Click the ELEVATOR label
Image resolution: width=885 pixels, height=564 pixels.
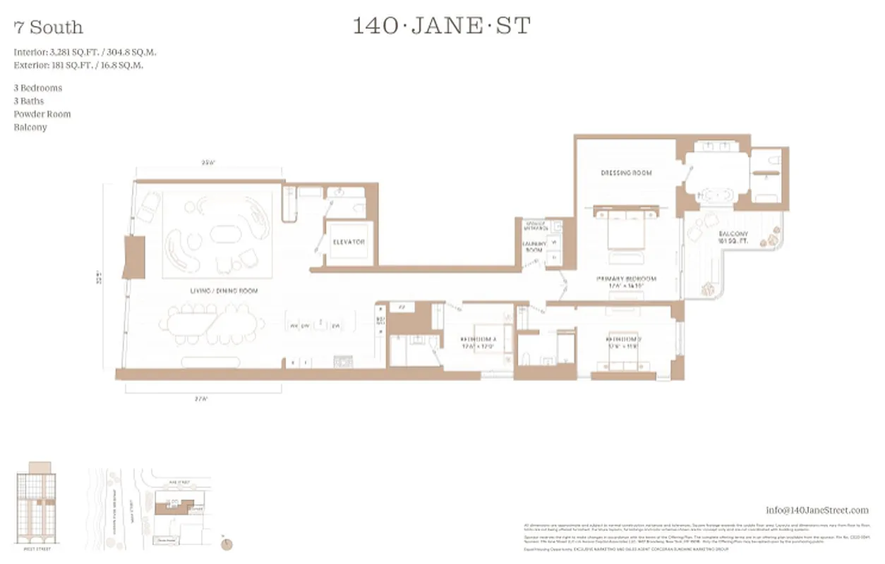(x=349, y=242)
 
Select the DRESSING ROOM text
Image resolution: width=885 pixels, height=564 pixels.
(x=626, y=173)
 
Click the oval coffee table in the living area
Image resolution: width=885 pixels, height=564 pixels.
(x=224, y=235)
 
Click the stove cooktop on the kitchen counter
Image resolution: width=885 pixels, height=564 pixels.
(x=343, y=362)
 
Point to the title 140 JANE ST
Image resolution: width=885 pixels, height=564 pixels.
(x=441, y=26)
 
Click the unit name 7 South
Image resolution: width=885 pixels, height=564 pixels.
(x=48, y=27)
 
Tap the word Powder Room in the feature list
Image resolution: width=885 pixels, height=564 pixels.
(x=42, y=114)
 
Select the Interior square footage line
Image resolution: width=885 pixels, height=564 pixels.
(x=85, y=52)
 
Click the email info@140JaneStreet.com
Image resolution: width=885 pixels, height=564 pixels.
(x=817, y=510)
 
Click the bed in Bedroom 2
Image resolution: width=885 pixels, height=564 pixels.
(x=624, y=352)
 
